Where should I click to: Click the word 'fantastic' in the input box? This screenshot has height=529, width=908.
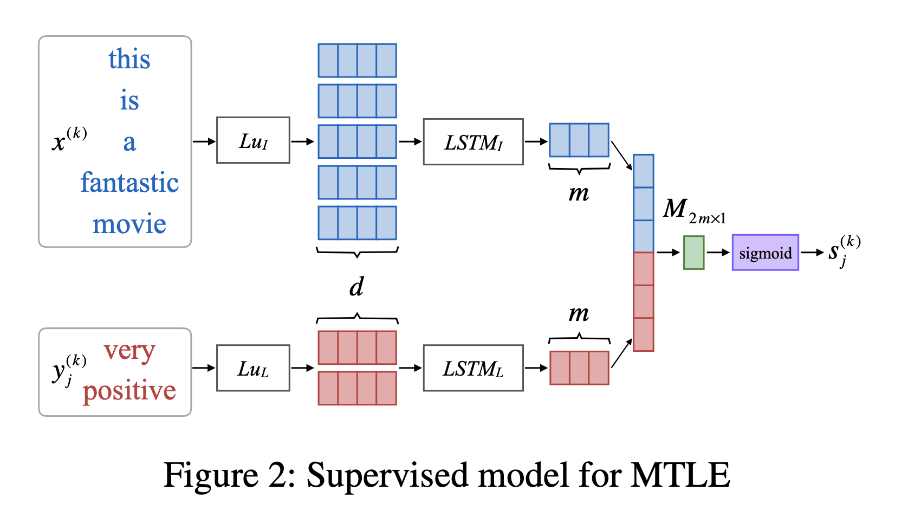(129, 183)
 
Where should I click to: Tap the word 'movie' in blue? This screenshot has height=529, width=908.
(129, 224)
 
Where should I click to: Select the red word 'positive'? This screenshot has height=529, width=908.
(129, 391)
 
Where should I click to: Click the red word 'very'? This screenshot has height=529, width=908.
(129, 351)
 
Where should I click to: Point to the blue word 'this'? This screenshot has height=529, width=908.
(129, 59)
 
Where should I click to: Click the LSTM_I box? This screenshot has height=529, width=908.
(473, 142)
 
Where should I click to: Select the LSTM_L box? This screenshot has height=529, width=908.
(473, 368)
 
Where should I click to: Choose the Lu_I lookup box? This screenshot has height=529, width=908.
(253, 140)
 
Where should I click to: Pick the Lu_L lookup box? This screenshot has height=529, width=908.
(253, 368)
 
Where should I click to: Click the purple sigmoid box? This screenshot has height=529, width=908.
(765, 253)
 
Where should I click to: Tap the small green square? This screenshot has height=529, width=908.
(693, 253)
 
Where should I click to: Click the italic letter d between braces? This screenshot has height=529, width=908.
(356, 286)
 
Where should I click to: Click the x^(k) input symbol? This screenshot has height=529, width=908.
(69, 139)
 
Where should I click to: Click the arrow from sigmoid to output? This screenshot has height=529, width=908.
(812, 253)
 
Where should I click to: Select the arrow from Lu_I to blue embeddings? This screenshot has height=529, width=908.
(303, 142)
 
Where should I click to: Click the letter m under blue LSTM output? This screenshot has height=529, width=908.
(579, 193)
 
